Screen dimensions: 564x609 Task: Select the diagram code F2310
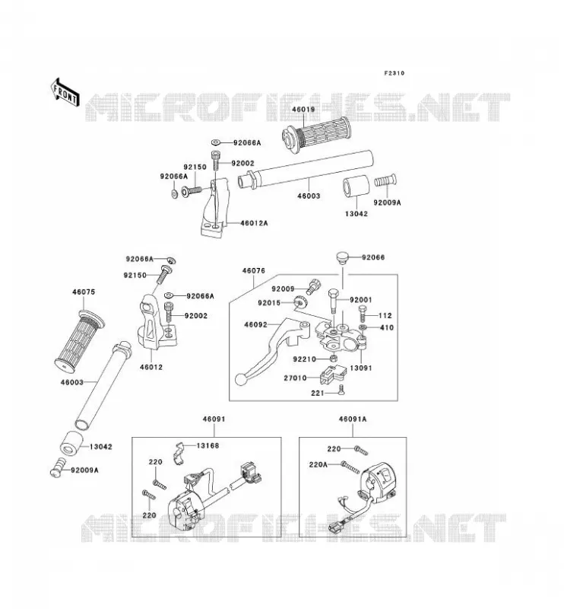[394, 73]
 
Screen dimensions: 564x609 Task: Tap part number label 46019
[303, 110]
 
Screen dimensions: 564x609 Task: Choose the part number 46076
[254, 271]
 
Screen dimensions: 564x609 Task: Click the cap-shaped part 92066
[342, 258]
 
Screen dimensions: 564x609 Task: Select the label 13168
[208, 445]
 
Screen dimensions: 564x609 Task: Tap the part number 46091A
[353, 419]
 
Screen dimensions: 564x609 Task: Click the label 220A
[318, 464]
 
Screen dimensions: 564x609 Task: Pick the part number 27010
[295, 378]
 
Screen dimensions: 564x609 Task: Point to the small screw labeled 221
[341, 390]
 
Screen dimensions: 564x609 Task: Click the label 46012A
[254, 223]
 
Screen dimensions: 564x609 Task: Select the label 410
[387, 328]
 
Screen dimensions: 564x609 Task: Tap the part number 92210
[305, 359]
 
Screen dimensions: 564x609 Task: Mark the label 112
[385, 316]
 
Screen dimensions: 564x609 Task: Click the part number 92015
[269, 303]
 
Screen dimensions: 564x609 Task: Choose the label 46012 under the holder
[151, 367]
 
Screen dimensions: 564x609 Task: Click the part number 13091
[361, 368]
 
